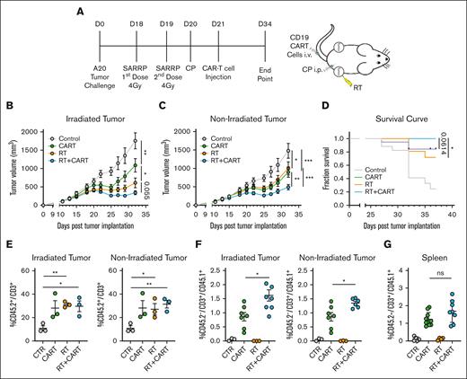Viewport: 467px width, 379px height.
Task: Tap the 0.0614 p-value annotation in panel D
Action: [454, 141]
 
